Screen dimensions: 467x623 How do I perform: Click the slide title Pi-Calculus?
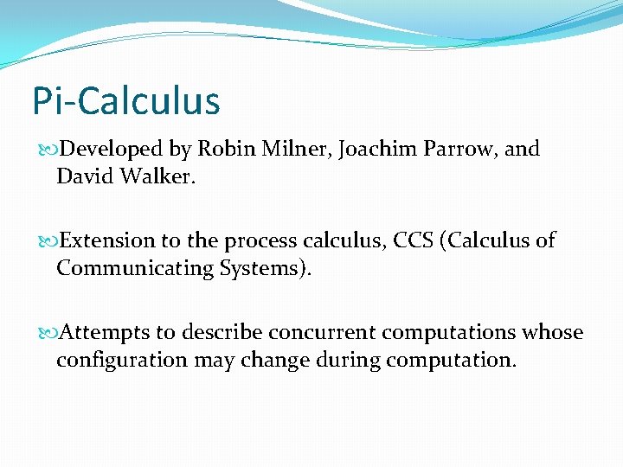[126, 100]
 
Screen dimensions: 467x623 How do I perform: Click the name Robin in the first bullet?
[222, 149]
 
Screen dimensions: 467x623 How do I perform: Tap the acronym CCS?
[414, 240]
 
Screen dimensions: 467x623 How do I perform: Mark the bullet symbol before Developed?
[48, 150]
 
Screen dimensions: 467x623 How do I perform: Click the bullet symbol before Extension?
[48, 241]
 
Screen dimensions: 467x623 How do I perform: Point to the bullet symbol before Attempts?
[48, 333]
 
